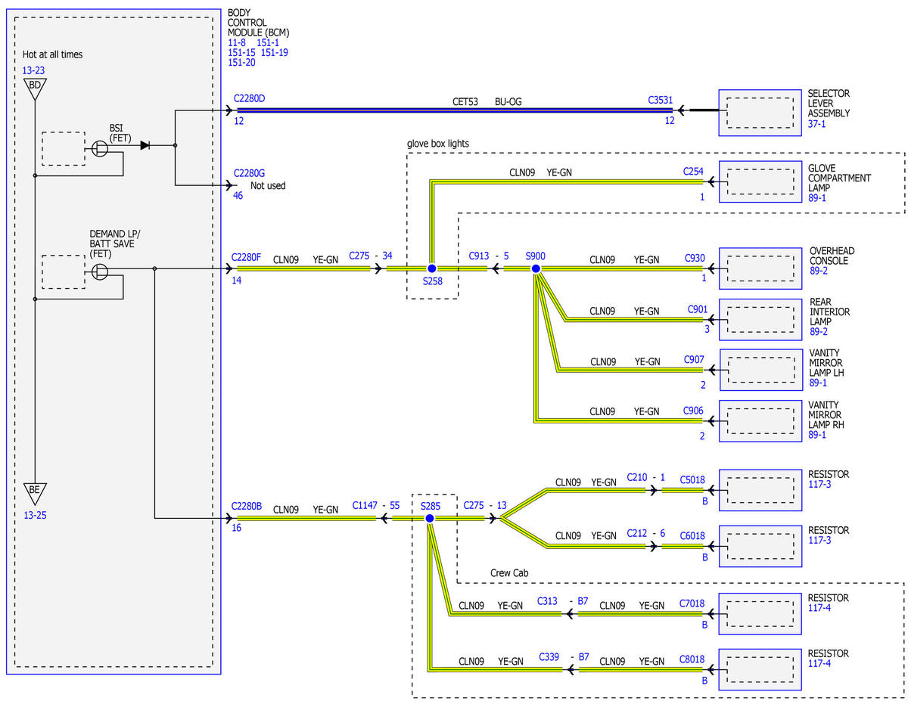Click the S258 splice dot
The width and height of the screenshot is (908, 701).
tap(431, 268)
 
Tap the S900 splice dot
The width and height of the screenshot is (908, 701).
tap(536, 269)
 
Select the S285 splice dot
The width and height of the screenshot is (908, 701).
tap(430, 519)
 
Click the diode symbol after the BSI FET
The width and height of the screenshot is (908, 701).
tap(145, 145)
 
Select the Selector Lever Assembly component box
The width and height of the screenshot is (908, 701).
tap(760, 113)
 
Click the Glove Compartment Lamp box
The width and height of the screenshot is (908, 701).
tap(760, 181)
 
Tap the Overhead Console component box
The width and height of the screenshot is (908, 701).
tap(760, 268)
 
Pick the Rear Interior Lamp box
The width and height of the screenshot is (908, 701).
tap(760, 320)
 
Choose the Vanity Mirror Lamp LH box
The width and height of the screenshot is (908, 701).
tap(761, 370)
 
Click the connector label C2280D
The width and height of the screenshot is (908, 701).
tap(249, 98)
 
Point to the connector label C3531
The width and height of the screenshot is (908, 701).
tap(661, 101)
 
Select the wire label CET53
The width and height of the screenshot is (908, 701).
tap(465, 102)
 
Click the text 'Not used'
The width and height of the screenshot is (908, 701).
tap(268, 186)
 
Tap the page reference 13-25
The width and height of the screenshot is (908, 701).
tap(35, 515)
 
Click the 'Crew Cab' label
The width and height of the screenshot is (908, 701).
tap(509, 573)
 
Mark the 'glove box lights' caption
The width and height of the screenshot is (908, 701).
tap(438, 144)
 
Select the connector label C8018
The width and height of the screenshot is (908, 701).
tap(692, 659)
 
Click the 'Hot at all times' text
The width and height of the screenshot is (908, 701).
tap(52, 54)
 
